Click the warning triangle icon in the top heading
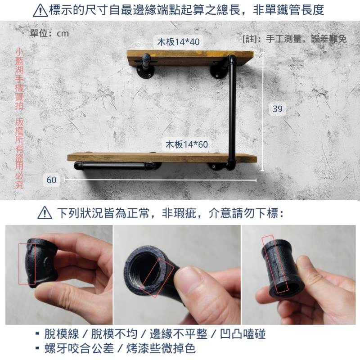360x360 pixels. (40, 10)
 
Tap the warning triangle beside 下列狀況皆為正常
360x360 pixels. (45, 212)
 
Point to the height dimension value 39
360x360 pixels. (278, 108)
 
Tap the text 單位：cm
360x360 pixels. (49, 33)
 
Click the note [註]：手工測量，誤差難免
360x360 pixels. (295, 39)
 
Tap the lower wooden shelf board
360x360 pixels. (162, 157)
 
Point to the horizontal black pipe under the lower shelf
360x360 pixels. (112, 167)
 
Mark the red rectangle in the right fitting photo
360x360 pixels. (275, 263)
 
